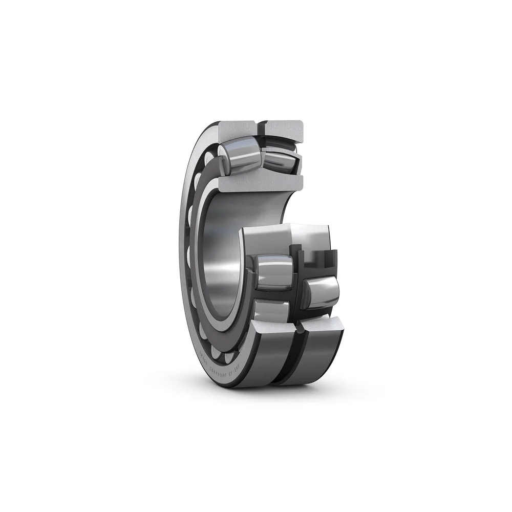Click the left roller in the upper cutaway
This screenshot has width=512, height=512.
click(x=240, y=155)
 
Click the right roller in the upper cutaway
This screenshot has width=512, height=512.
click(x=279, y=160)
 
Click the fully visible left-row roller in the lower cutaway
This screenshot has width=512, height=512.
click(x=274, y=272)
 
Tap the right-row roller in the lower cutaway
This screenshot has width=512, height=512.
click(x=322, y=292)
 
